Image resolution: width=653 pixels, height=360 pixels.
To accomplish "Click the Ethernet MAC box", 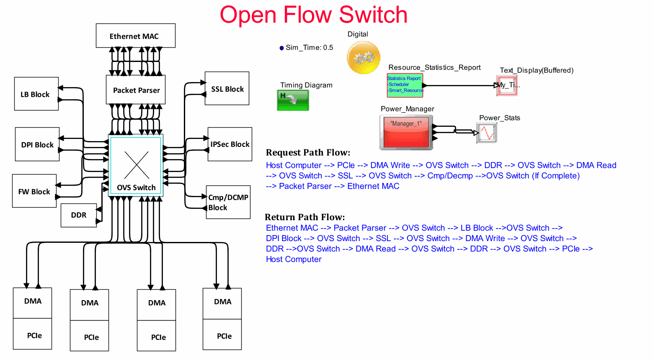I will pyautogui.click(x=135, y=36).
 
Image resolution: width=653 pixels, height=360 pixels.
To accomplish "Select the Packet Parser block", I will pyautogui.click(x=136, y=90).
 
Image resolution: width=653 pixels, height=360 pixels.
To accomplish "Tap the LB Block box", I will pyautogui.click(x=36, y=94).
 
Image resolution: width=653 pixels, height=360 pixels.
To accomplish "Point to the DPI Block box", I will pyautogui.click(x=37, y=144).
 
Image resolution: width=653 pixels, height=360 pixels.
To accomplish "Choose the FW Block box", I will pyautogui.click(x=34, y=191).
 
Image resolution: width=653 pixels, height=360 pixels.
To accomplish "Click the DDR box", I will pyautogui.click(x=79, y=215).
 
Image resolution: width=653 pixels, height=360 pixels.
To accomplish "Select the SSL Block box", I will pyautogui.click(x=227, y=88).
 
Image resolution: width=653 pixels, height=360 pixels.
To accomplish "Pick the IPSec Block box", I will pyautogui.click(x=230, y=144).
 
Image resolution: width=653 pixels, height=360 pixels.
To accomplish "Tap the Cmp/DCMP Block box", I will pyautogui.click(x=228, y=202).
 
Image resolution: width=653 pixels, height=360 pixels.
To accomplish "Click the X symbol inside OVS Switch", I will pyautogui.click(x=137, y=165).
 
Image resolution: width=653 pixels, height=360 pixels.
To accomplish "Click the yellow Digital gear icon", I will pyautogui.click(x=364, y=57).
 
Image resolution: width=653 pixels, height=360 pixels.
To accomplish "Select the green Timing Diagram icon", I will pyautogui.click(x=293, y=100).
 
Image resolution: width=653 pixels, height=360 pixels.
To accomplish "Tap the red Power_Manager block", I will pyautogui.click(x=406, y=132).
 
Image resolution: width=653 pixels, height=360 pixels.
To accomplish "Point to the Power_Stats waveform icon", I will pyautogui.click(x=487, y=133).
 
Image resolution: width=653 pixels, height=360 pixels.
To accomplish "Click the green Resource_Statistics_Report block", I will pyautogui.click(x=405, y=85).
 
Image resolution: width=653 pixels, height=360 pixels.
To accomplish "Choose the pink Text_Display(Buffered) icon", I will pyautogui.click(x=507, y=85).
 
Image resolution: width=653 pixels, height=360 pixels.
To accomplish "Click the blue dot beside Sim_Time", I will pyautogui.click(x=282, y=48).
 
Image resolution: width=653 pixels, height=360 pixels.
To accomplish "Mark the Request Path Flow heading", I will pyautogui.click(x=308, y=152).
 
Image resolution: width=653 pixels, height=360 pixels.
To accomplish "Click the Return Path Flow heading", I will pyautogui.click(x=305, y=217).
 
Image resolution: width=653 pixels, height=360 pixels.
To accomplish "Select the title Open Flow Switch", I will pyautogui.click(x=313, y=15).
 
